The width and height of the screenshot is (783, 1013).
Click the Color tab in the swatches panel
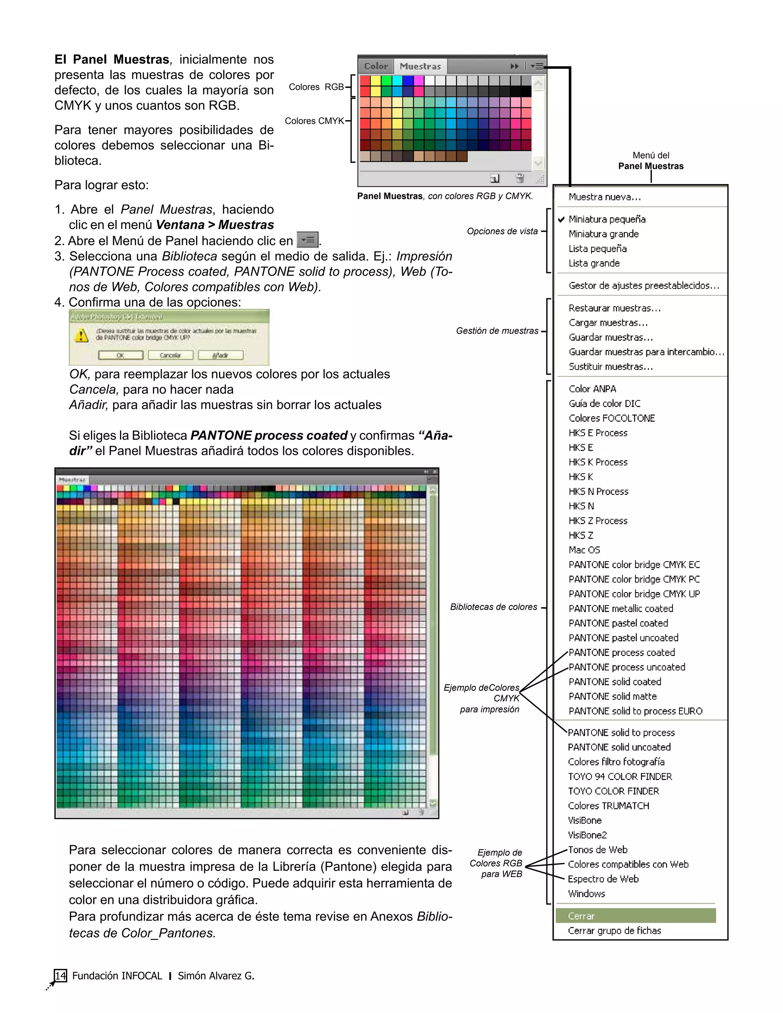375,67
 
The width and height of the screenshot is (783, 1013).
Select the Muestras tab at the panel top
420,67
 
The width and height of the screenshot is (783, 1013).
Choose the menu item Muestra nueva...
604,197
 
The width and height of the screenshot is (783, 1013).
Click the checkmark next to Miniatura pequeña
561,219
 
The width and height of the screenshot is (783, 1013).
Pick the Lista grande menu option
594,263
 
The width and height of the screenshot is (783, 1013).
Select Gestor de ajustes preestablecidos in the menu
643,286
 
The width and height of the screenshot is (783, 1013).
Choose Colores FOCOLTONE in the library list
611,418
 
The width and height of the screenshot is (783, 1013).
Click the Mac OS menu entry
584,550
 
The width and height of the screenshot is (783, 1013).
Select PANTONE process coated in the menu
622,653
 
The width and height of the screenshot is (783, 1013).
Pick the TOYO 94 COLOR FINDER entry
620,776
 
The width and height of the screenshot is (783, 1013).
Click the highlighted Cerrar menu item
635,916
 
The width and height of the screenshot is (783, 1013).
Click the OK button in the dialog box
120,355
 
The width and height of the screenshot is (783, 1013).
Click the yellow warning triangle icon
82,335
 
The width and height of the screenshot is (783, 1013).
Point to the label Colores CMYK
314,121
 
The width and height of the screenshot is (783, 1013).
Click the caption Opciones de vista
502,231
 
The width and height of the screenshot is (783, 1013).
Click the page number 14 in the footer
60,976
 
